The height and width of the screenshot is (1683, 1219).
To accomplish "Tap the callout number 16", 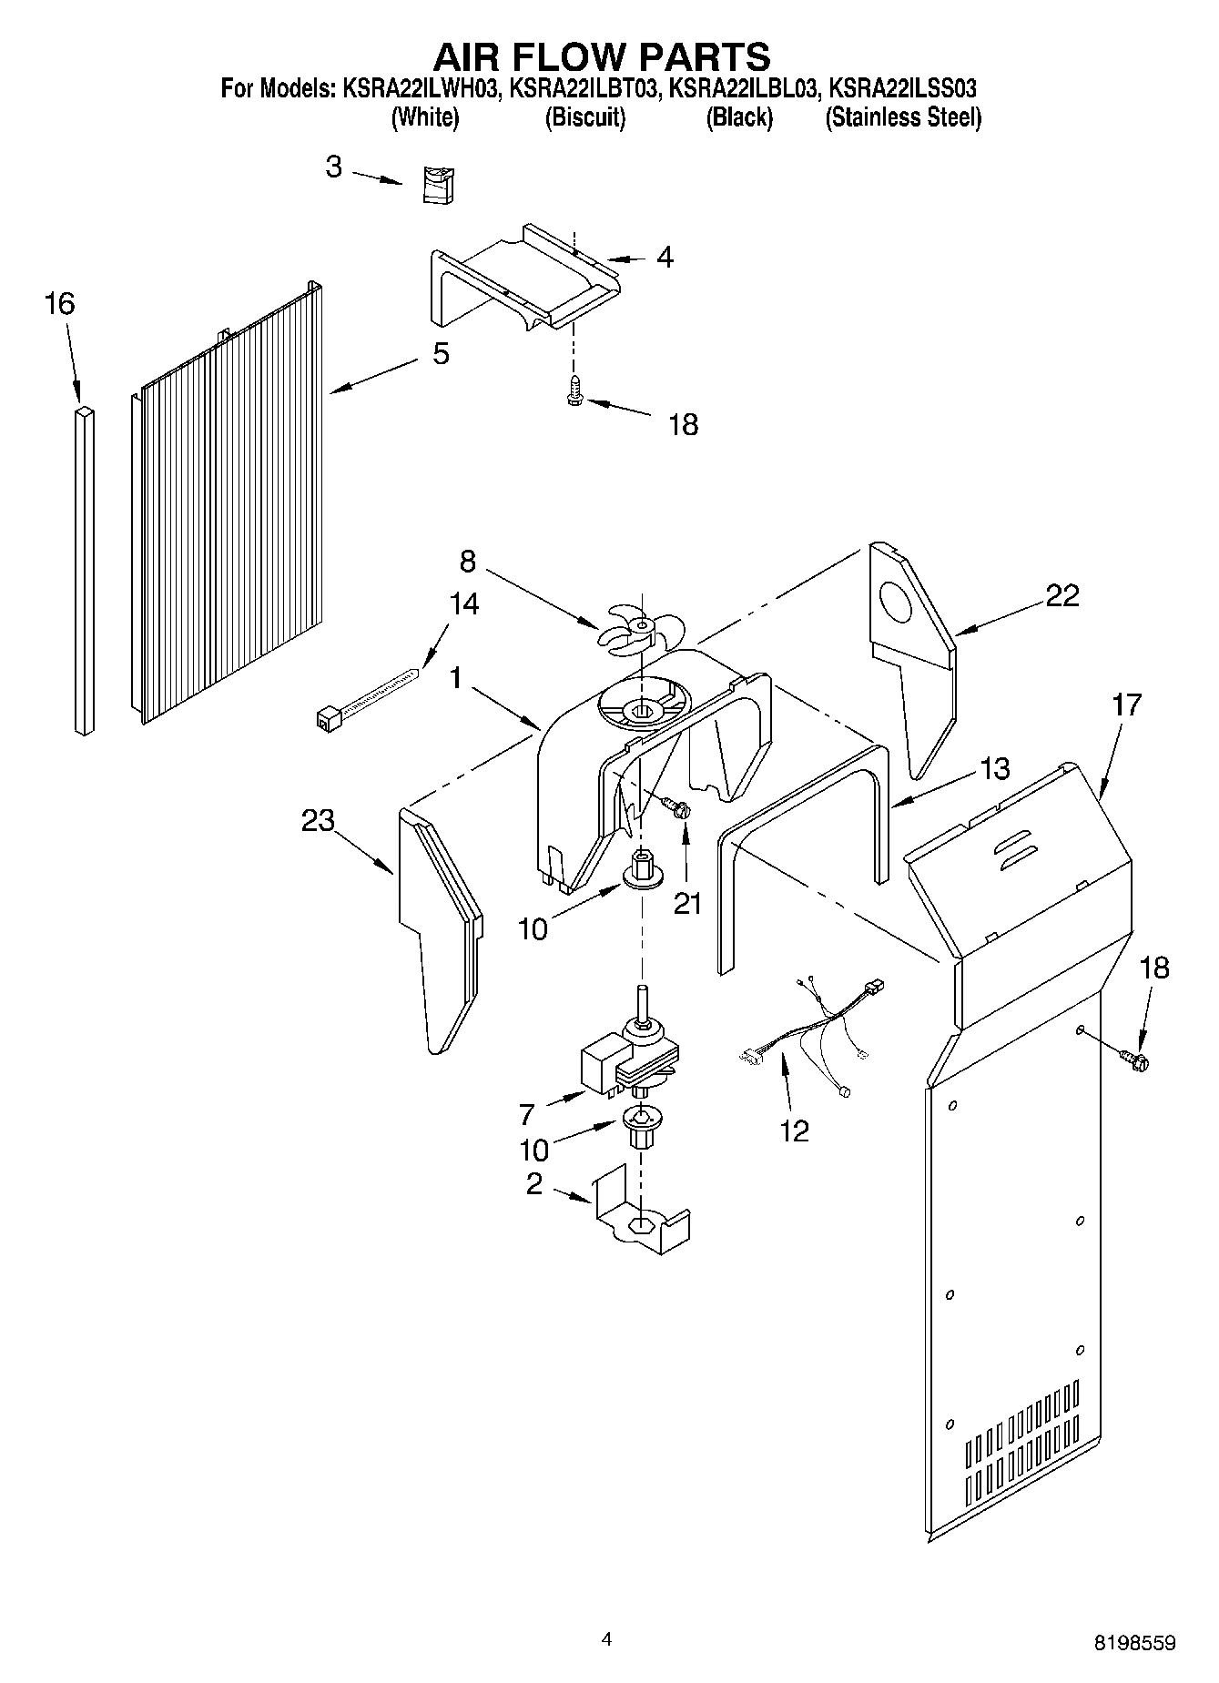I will coord(59,303).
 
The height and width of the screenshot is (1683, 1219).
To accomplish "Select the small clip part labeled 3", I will coord(440,186).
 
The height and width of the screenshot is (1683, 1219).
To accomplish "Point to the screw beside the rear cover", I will coord(1135,1058).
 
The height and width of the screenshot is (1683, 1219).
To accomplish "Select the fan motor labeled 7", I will coord(628,1056).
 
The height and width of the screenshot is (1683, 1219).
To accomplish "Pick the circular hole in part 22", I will coord(900,603).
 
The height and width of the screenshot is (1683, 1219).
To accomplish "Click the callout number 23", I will coord(318,820).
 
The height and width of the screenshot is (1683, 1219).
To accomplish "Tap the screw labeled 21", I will coord(676,806).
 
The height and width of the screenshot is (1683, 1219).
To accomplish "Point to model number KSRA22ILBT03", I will coord(584,89).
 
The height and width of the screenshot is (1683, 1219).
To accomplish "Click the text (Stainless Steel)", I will coord(902,117).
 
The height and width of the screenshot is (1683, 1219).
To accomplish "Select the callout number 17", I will coord(1125,704).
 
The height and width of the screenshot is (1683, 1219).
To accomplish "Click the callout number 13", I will coord(995,768).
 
